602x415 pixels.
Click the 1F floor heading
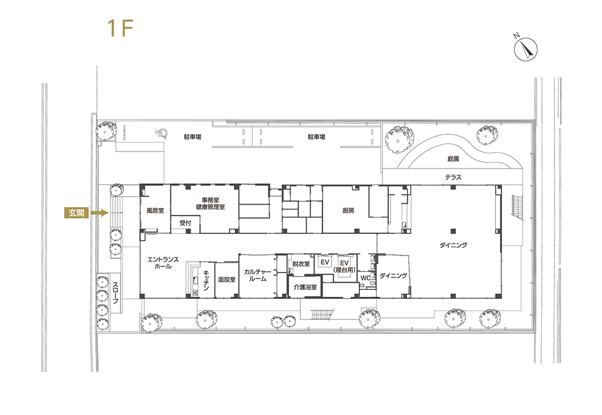tap(120, 28)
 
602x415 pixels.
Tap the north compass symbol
tap(526, 49)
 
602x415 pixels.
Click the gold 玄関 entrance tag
tap(76, 212)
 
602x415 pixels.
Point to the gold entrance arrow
tap(99, 212)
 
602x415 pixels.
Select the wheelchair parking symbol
tap(161, 133)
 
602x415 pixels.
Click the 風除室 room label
tap(155, 211)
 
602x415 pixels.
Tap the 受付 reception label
tap(185, 223)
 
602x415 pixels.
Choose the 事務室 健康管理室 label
tap(210, 204)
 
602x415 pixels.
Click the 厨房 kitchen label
tap(348, 211)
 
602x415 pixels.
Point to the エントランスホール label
tap(163, 263)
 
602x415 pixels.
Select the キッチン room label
tap(206, 280)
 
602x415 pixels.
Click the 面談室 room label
tap(226, 280)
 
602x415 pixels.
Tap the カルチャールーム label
tap(258, 275)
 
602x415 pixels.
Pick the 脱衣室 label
tap(300, 264)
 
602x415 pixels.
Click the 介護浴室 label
tap(305, 287)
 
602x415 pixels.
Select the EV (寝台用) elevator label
tap(344, 266)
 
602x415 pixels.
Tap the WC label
tap(365, 278)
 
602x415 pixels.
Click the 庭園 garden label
tap(453, 159)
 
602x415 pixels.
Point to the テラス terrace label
tap(453, 177)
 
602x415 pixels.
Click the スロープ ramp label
tap(116, 293)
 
